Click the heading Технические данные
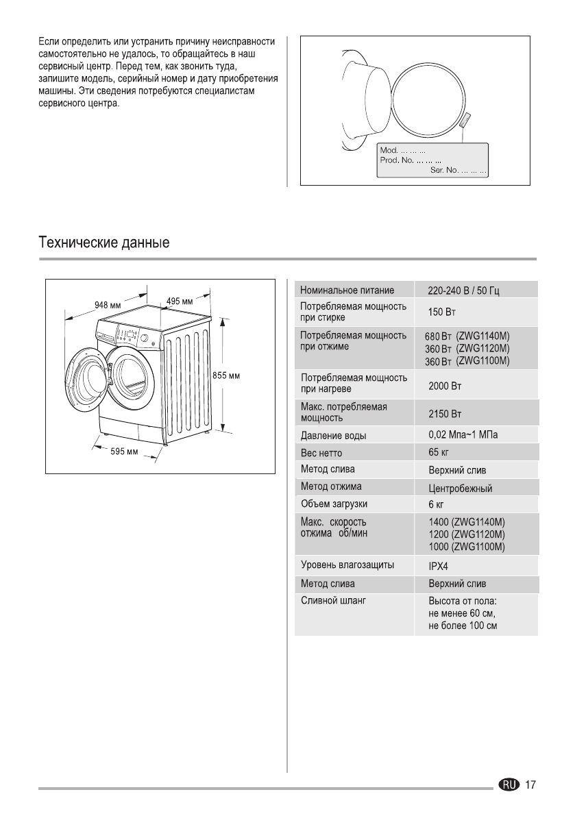tap(103, 243)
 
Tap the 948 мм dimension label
tap(108, 305)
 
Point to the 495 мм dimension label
tap(180, 301)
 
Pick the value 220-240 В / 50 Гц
tap(463, 290)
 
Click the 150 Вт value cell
tap(442, 313)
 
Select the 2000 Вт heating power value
tap(445, 386)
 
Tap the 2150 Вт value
tap(445, 415)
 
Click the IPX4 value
tap(439, 567)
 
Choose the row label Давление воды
tap(333, 436)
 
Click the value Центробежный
tap(460, 489)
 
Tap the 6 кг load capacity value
tap(437, 505)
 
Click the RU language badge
tap(510, 784)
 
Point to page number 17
tap(530, 784)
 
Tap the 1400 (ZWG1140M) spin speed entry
tap(466, 522)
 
